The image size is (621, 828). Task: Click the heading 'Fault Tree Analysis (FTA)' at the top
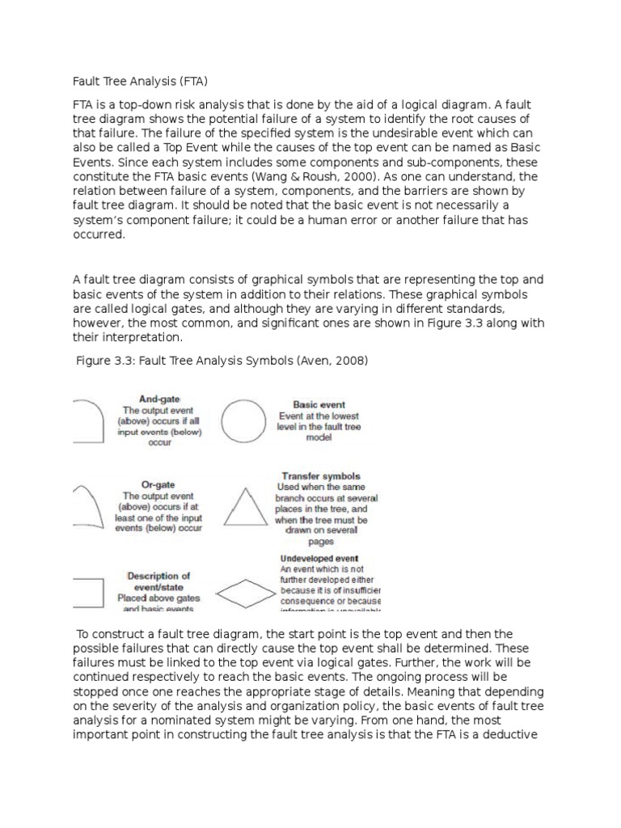coord(135,80)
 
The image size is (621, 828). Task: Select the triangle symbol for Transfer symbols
coord(243,507)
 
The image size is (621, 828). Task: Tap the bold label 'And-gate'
coord(159,399)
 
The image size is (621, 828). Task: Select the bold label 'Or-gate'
coord(159,484)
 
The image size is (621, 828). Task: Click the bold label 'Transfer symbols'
coord(321,476)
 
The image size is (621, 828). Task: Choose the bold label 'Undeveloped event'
coord(319,558)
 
